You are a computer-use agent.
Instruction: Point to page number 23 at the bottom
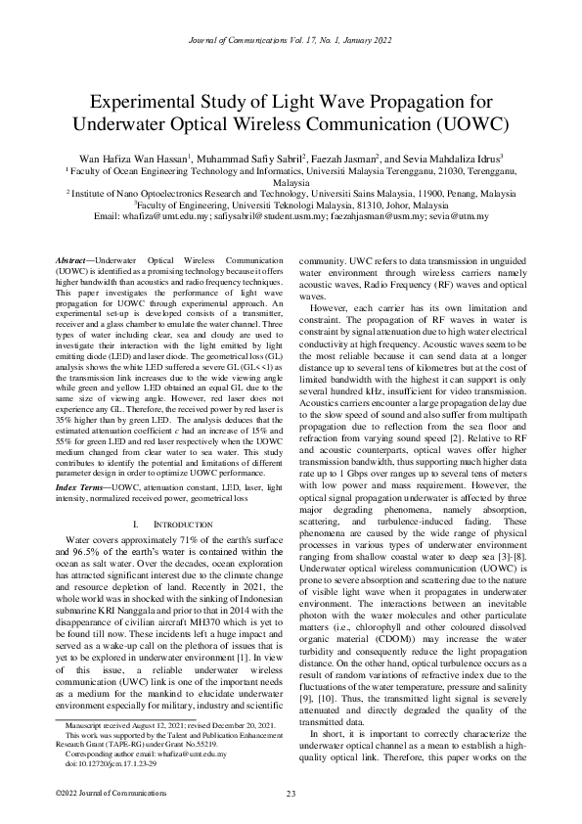click(x=291, y=794)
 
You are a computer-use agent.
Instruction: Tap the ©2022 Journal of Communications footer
click(x=99, y=794)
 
